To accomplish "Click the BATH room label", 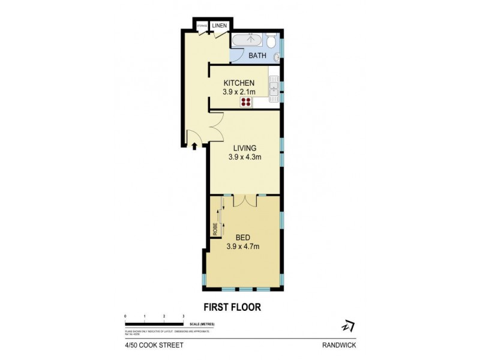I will click(257, 56).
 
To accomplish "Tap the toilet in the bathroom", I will click(272, 41).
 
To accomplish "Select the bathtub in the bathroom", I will click(247, 41).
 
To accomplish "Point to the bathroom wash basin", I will click(277, 58).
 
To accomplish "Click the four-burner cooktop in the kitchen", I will click(246, 102).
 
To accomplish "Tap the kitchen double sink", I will click(274, 88).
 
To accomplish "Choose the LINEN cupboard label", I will click(219, 26).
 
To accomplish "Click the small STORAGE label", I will click(202, 26).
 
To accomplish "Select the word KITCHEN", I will click(239, 83).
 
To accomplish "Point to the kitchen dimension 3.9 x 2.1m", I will click(239, 92).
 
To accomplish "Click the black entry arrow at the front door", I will click(194, 145).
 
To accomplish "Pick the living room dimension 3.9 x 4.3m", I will click(244, 157).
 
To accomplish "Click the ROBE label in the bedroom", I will click(214, 229).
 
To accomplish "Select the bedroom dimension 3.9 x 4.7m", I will click(242, 247).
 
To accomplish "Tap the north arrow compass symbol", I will click(347, 326).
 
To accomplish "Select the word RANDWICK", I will click(339, 345).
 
